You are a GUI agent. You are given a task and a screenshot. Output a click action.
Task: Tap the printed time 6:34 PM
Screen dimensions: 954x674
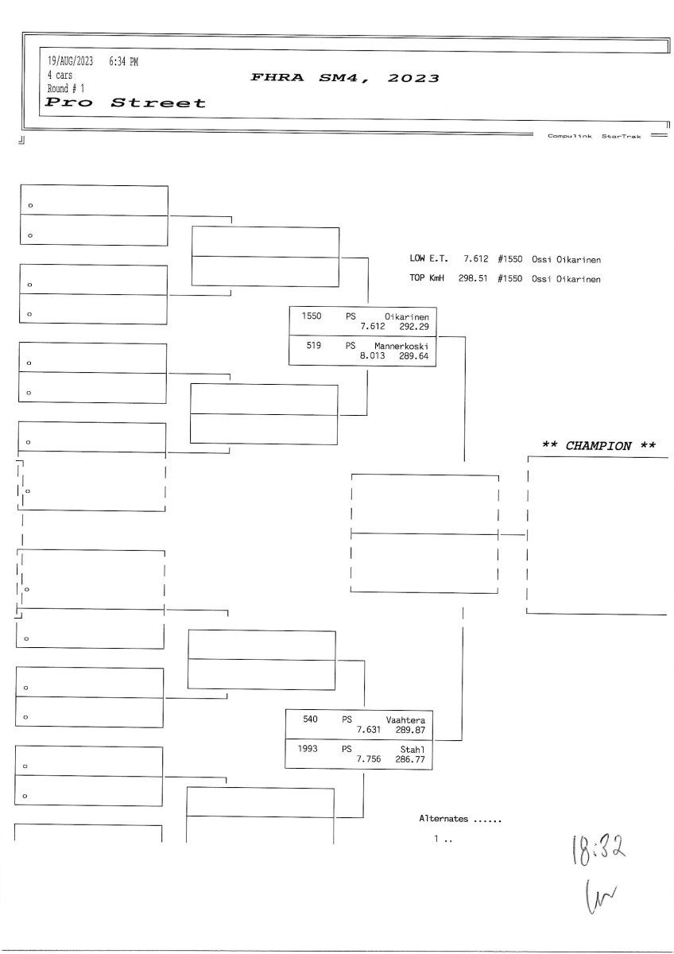pos(124,61)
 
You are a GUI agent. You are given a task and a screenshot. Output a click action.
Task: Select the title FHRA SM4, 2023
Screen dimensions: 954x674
pos(345,79)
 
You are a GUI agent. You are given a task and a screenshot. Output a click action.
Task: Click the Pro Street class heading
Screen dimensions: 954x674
pos(126,103)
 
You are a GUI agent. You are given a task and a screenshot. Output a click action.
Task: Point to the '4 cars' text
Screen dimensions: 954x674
pos(60,75)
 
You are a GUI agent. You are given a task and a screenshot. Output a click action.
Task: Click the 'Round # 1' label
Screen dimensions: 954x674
pos(66,88)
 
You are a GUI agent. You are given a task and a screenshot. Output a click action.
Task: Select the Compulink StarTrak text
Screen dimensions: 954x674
pos(593,136)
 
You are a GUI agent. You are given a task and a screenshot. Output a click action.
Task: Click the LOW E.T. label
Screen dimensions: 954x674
pos(428,258)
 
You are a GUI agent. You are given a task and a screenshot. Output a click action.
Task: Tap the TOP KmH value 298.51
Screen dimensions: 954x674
pos(472,279)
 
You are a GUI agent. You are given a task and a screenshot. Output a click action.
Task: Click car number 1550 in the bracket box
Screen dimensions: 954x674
pos(312,316)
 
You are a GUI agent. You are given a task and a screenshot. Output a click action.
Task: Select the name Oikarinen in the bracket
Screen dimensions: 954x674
pos(407,316)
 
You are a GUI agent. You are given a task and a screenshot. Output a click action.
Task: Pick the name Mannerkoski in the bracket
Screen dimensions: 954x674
pos(401,346)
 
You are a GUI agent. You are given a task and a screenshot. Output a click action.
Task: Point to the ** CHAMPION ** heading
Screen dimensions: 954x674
pos(598,445)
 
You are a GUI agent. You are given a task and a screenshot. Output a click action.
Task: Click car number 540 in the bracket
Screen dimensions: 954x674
pos(310,719)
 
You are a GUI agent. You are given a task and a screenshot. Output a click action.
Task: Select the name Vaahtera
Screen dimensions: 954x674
pos(405,719)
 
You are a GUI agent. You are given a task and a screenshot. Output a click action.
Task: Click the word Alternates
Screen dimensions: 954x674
pos(444,818)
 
